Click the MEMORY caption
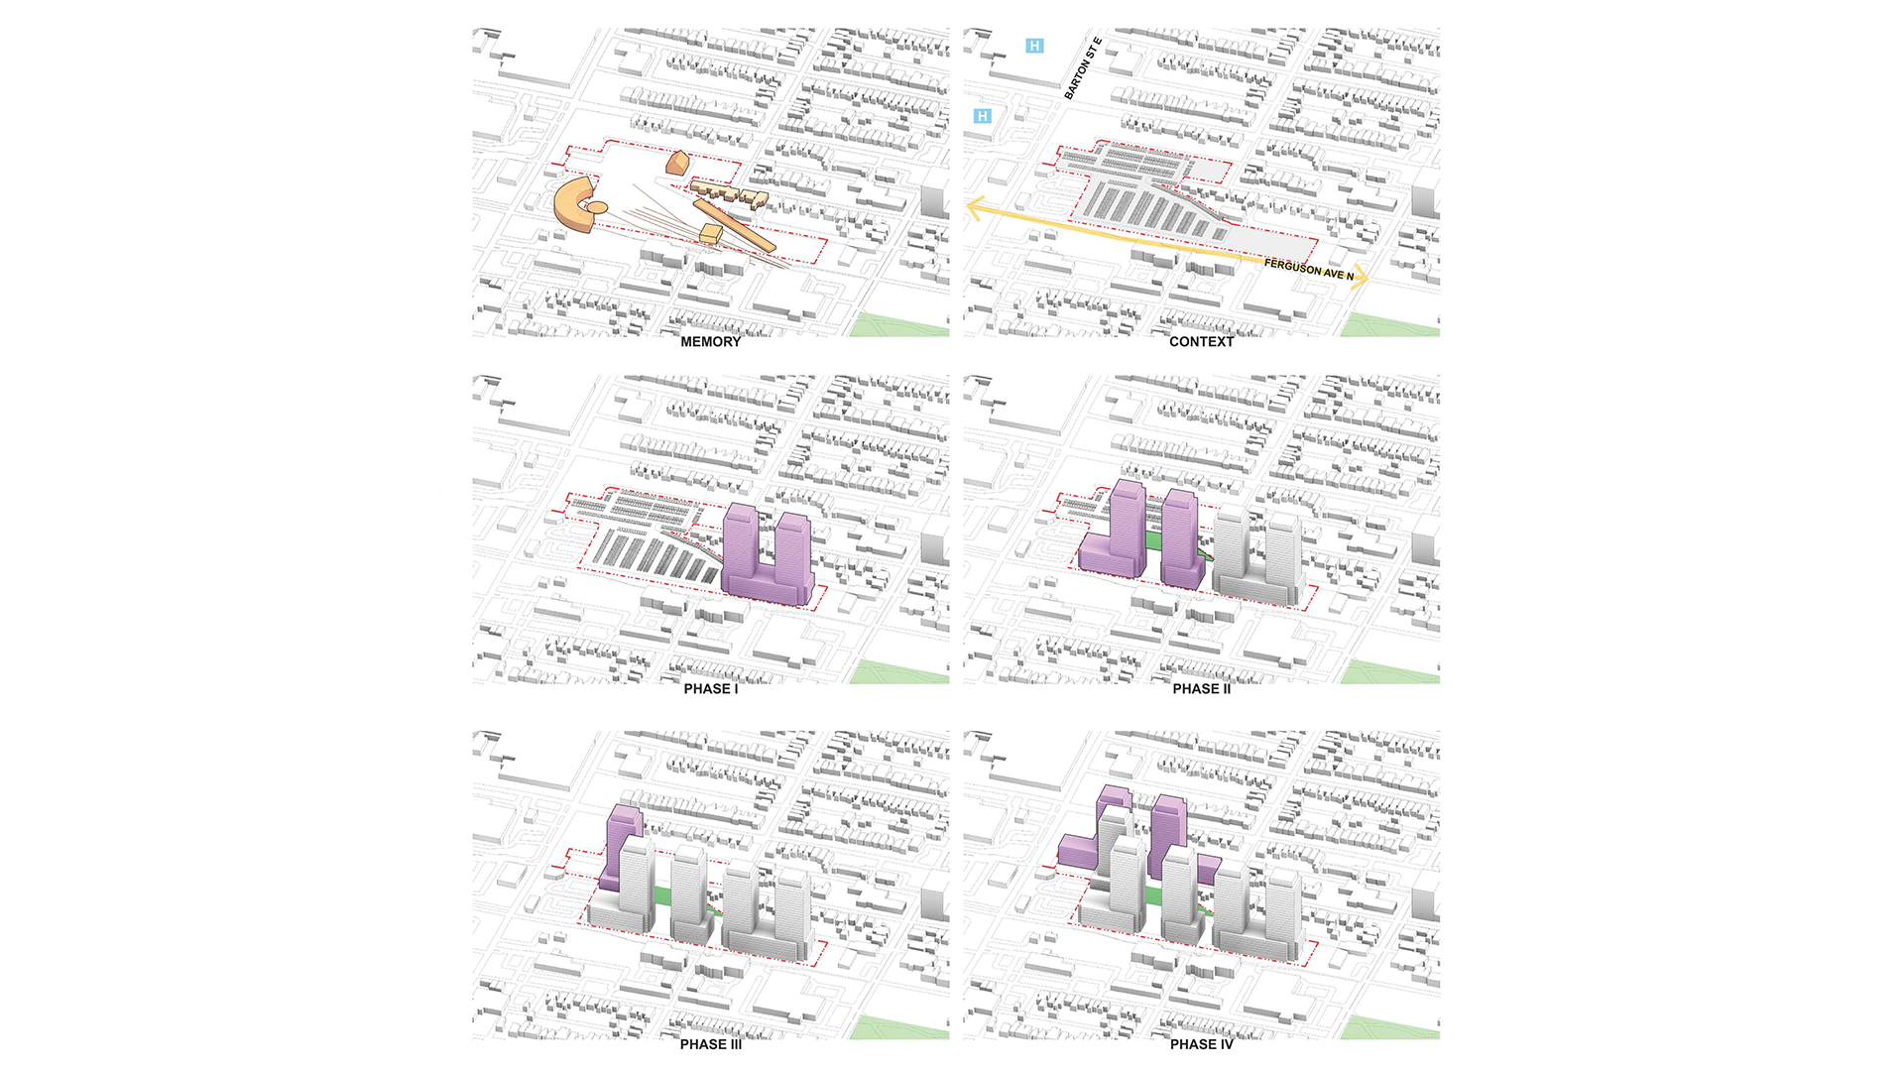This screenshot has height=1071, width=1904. tap(710, 342)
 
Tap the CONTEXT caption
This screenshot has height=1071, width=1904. tap(1201, 342)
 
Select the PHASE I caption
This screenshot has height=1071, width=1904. tap(710, 689)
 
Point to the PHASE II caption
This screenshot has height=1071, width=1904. tap(1201, 689)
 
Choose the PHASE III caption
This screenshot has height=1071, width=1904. tap(710, 1044)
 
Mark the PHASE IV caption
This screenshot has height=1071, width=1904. tap(1201, 1044)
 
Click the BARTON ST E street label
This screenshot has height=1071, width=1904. tap(1083, 68)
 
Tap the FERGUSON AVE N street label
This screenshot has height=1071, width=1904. tap(1308, 269)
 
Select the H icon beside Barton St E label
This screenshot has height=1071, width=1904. tap(1034, 46)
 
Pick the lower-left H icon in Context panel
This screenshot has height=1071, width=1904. tap(982, 116)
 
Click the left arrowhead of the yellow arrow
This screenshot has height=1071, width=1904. tap(975, 208)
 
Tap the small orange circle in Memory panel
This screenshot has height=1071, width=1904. tap(598, 207)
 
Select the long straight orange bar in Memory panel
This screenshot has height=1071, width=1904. tap(734, 225)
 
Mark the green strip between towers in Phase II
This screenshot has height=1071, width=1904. tap(1154, 539)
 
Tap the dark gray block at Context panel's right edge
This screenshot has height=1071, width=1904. tap(1425, 201)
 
